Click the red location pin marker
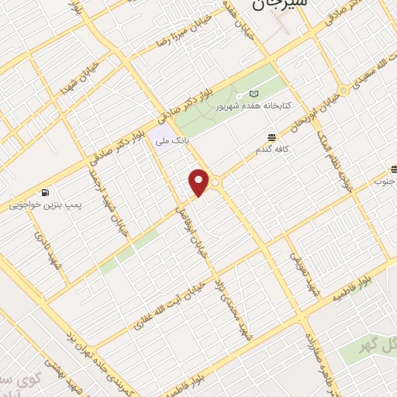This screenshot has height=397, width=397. pyautogui.click(x=199, y=183)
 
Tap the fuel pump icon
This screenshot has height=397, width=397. pyautogui.click(x=47, y=192)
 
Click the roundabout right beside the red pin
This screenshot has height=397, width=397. pyautogui.click(x=216, y=182)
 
